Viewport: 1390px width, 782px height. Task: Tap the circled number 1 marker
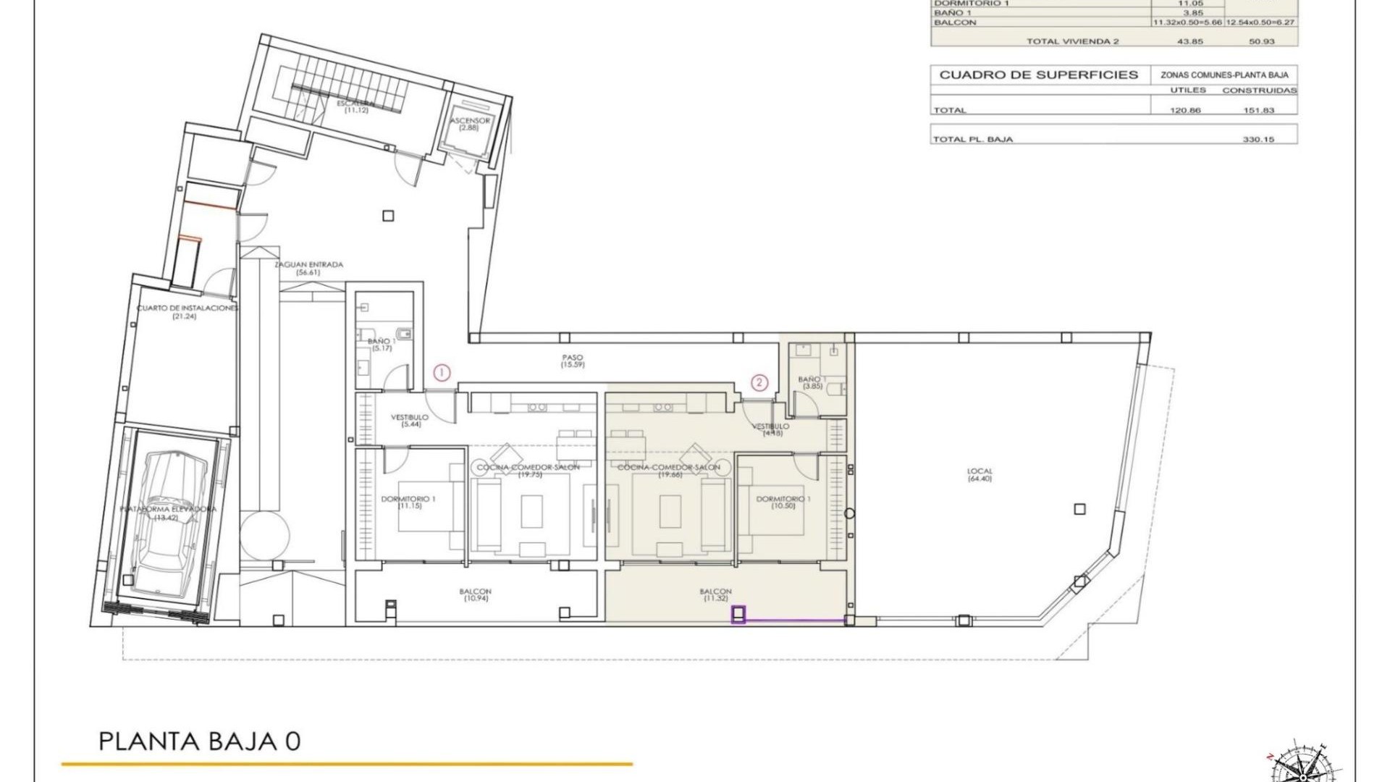tap(442, 373)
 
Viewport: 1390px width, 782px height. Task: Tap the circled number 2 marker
tap(759, 382)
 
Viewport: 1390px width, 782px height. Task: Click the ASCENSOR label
tap(470, 124)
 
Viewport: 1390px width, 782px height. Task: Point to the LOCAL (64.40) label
tap(980, 475)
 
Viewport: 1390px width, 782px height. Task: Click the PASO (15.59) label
tap(572, 361)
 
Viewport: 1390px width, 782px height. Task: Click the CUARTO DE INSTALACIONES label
tap(187, 312)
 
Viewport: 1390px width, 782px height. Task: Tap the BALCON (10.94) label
tap(475, 595)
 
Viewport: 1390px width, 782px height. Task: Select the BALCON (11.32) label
tap(715, 595)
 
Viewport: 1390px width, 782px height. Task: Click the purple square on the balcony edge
tap(738, 615)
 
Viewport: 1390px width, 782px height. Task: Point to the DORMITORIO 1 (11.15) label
tap(409, 502)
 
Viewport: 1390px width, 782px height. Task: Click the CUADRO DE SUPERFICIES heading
tap(1039, 75)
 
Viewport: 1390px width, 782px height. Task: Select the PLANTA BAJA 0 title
tap(199, 742)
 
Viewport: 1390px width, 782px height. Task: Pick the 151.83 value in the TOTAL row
tap(1258, 110)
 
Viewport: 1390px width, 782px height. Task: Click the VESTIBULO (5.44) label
tap(410, 420)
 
